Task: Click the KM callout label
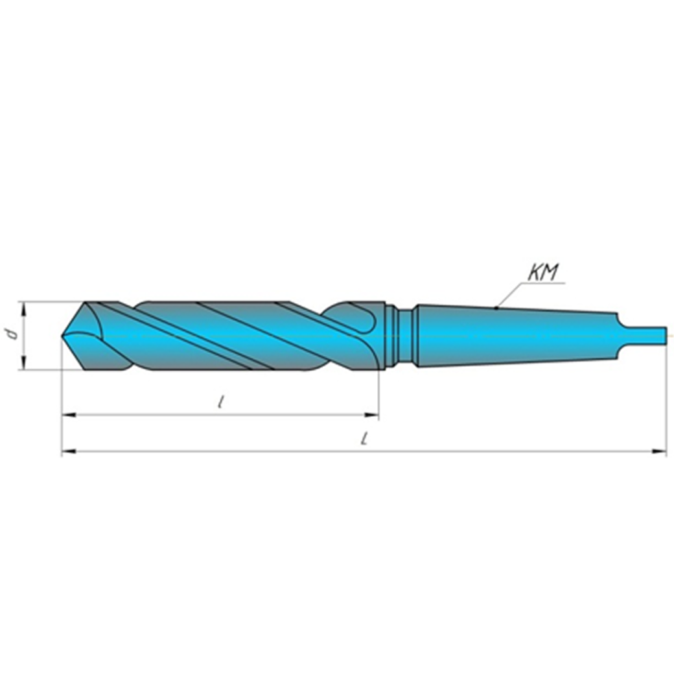coord(543,273)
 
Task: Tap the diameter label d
coord(9,334)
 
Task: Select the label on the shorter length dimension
coord(221,402)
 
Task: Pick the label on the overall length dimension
coord(365,439)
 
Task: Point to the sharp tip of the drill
coord(64,336)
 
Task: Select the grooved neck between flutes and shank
coord(399,335)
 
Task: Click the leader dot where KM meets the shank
coord(496,307)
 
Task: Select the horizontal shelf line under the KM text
coord(544,284)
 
